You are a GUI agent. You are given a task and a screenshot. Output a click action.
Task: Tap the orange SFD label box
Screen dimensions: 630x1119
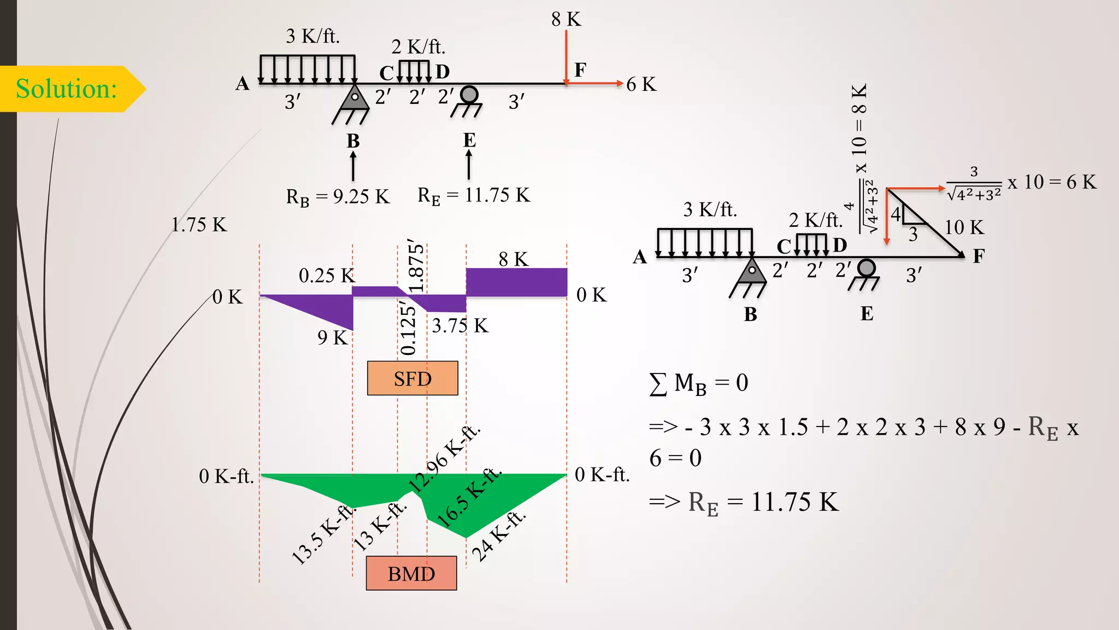click(413, 378)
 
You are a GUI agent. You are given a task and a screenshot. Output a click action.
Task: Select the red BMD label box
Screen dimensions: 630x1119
click(411, 574)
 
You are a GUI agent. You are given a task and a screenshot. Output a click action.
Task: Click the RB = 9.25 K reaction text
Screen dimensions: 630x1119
click(338, 197)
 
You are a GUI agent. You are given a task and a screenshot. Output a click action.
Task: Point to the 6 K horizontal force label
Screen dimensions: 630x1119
click(641, 84)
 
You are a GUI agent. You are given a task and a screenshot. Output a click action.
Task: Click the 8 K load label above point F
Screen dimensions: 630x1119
click(566, 20)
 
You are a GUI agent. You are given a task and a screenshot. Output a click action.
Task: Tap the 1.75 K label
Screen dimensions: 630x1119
click(198, 225)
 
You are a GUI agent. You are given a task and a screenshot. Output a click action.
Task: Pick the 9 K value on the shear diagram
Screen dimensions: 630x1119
click(332, 337)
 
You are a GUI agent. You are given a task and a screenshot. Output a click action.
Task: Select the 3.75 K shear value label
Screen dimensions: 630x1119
click(460, 326)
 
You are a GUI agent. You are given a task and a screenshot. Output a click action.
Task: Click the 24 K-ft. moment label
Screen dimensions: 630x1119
click(498, 537)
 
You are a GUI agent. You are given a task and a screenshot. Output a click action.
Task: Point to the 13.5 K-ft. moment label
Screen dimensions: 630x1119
click(322, 535)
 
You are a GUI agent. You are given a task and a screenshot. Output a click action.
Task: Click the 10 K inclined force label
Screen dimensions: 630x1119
click(964, 227)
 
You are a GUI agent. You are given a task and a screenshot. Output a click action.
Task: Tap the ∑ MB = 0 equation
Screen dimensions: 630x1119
click(698, 383)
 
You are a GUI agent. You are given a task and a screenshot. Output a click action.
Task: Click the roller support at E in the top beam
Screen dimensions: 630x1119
click(469, 95)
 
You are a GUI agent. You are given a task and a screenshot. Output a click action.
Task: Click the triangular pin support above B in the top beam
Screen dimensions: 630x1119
click(355, 98)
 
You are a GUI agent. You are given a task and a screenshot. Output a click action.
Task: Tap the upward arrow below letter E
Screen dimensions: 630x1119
click(469, 165)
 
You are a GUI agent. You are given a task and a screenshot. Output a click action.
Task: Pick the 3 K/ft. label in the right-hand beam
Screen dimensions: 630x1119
click(710, 209)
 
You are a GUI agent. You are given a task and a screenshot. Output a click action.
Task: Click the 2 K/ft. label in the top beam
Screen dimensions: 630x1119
click(418, 47)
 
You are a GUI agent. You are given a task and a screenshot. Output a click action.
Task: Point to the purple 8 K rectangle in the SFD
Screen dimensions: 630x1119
click(516, 282)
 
